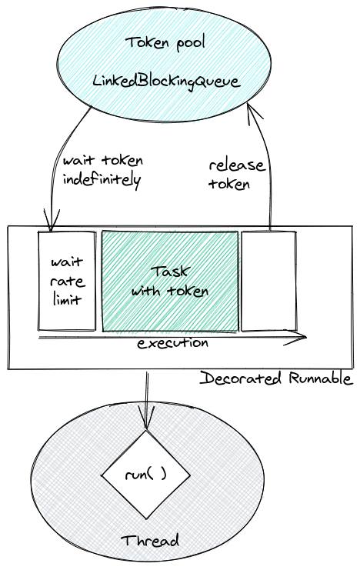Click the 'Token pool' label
[x=165, y=43]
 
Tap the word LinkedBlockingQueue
[x=167, y=80]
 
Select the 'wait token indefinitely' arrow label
[x=102, y=170]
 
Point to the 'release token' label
[x=237, y=175]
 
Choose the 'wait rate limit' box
[x=67, y=281]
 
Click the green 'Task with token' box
[x=170, y=282]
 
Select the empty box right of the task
[x=268, y=281]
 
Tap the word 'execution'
[x=172, y=343]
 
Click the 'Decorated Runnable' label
[x=276, y=378]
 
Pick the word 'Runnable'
[x=321, y=378]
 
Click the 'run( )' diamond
[x=146, y=475]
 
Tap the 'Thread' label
[x=150, y=541]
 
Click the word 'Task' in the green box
[x=170, y=272]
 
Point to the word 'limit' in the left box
[x=67, y=299]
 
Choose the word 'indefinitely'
[x=102, y=181]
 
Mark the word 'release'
[x=237, y=165]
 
